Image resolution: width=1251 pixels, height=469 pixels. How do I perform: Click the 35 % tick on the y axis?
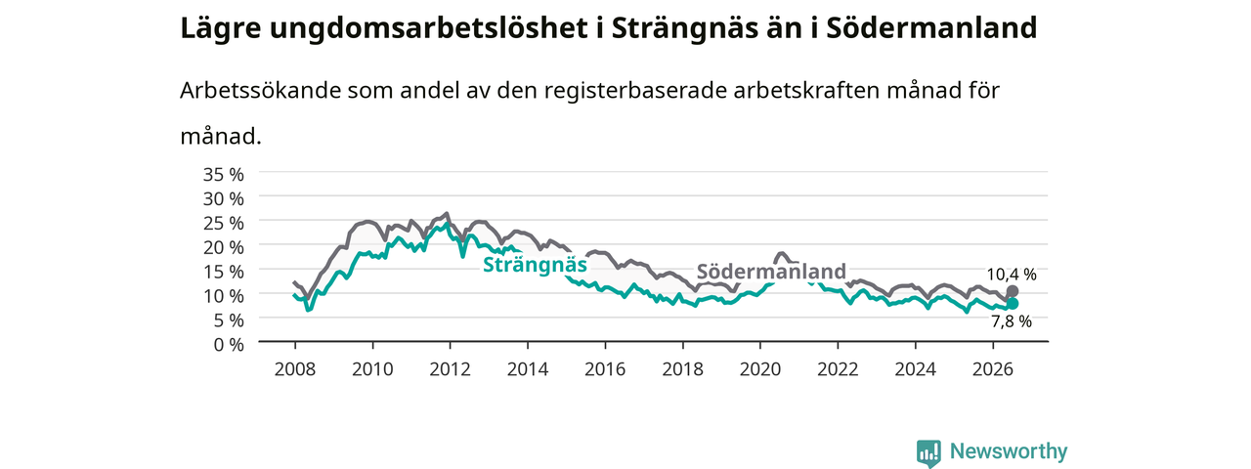click(x=224, y=175)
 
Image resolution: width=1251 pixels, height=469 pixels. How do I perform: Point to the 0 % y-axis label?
click(x=229, y=345)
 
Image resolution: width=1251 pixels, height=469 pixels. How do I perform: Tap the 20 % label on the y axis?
click(x=224, y=247)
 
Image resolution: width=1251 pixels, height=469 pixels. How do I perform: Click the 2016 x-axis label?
click(x=605, y=369)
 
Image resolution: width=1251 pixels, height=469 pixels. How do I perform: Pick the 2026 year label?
click(x=992, y=369)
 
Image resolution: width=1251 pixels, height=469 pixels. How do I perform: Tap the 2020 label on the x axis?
click(x=760, y=369)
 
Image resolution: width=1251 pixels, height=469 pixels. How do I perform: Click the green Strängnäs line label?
click(x=535, y=265)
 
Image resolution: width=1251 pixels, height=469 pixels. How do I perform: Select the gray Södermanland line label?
click(x=771, y=272)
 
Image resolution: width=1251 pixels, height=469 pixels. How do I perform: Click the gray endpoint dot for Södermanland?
click(x=1012, y=291)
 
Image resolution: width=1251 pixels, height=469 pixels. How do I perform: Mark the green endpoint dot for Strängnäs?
click(x=1012, y=304)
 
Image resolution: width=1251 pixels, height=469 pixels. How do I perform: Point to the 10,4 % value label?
click(x=1012, y=275)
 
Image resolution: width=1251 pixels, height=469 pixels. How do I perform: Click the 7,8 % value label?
click(x=1012, y=321)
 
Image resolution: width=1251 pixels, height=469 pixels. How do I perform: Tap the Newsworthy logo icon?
click(x=928, y=452)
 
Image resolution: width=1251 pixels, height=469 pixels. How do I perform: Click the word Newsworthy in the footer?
click(x=1009, y=451)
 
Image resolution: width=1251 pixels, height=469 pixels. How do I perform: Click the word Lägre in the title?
click(x=221, y=29)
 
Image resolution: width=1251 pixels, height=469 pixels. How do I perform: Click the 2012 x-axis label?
click(x=450, y=369)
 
